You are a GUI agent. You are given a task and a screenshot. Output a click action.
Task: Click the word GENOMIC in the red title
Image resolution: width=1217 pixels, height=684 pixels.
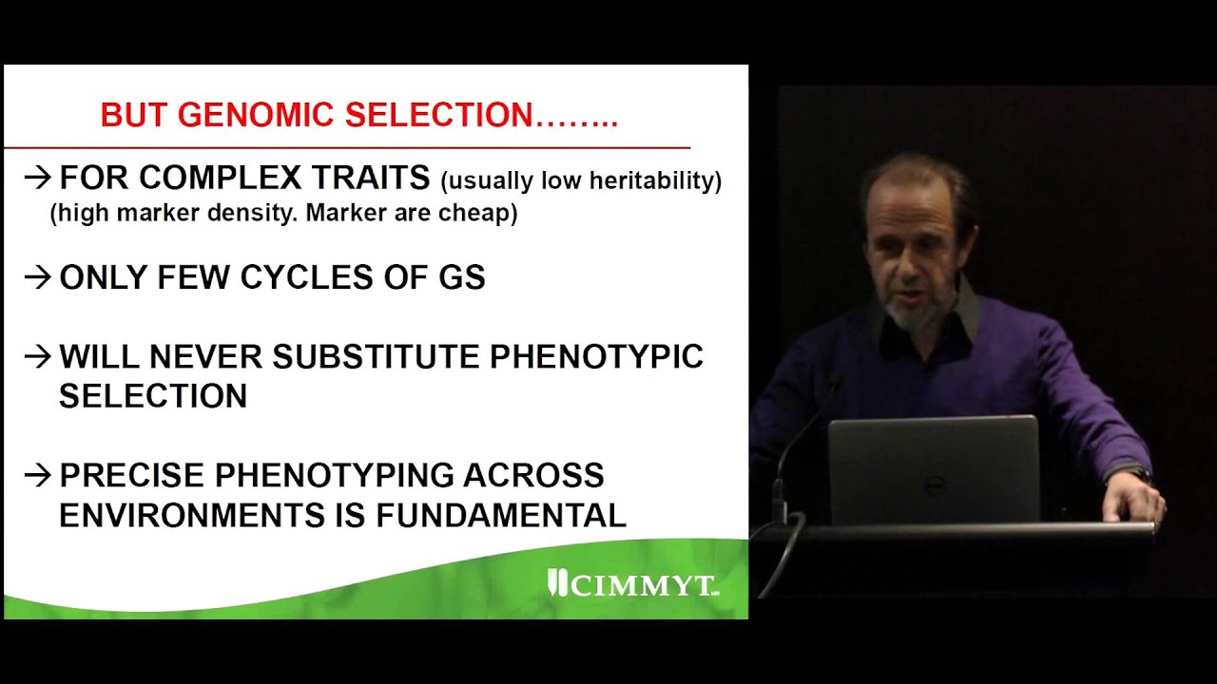[258, 115]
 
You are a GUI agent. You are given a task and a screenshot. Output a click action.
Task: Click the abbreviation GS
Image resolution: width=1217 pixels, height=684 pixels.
[461, 277]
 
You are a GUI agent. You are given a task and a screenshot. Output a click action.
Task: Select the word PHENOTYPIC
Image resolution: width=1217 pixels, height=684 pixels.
[596, 357]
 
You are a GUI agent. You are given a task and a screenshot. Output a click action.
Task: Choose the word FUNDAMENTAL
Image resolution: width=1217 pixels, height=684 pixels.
[501, 515]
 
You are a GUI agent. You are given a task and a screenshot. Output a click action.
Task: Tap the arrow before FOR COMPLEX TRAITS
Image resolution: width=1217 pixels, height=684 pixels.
[37, 177]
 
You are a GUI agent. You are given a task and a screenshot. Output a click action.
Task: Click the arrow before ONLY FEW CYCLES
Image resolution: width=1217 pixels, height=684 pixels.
[37, 277]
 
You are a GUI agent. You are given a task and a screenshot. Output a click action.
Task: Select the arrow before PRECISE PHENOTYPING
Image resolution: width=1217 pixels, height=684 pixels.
[37, 475]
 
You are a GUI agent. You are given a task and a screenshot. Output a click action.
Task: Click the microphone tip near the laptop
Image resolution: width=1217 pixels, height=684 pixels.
[834, 384]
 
